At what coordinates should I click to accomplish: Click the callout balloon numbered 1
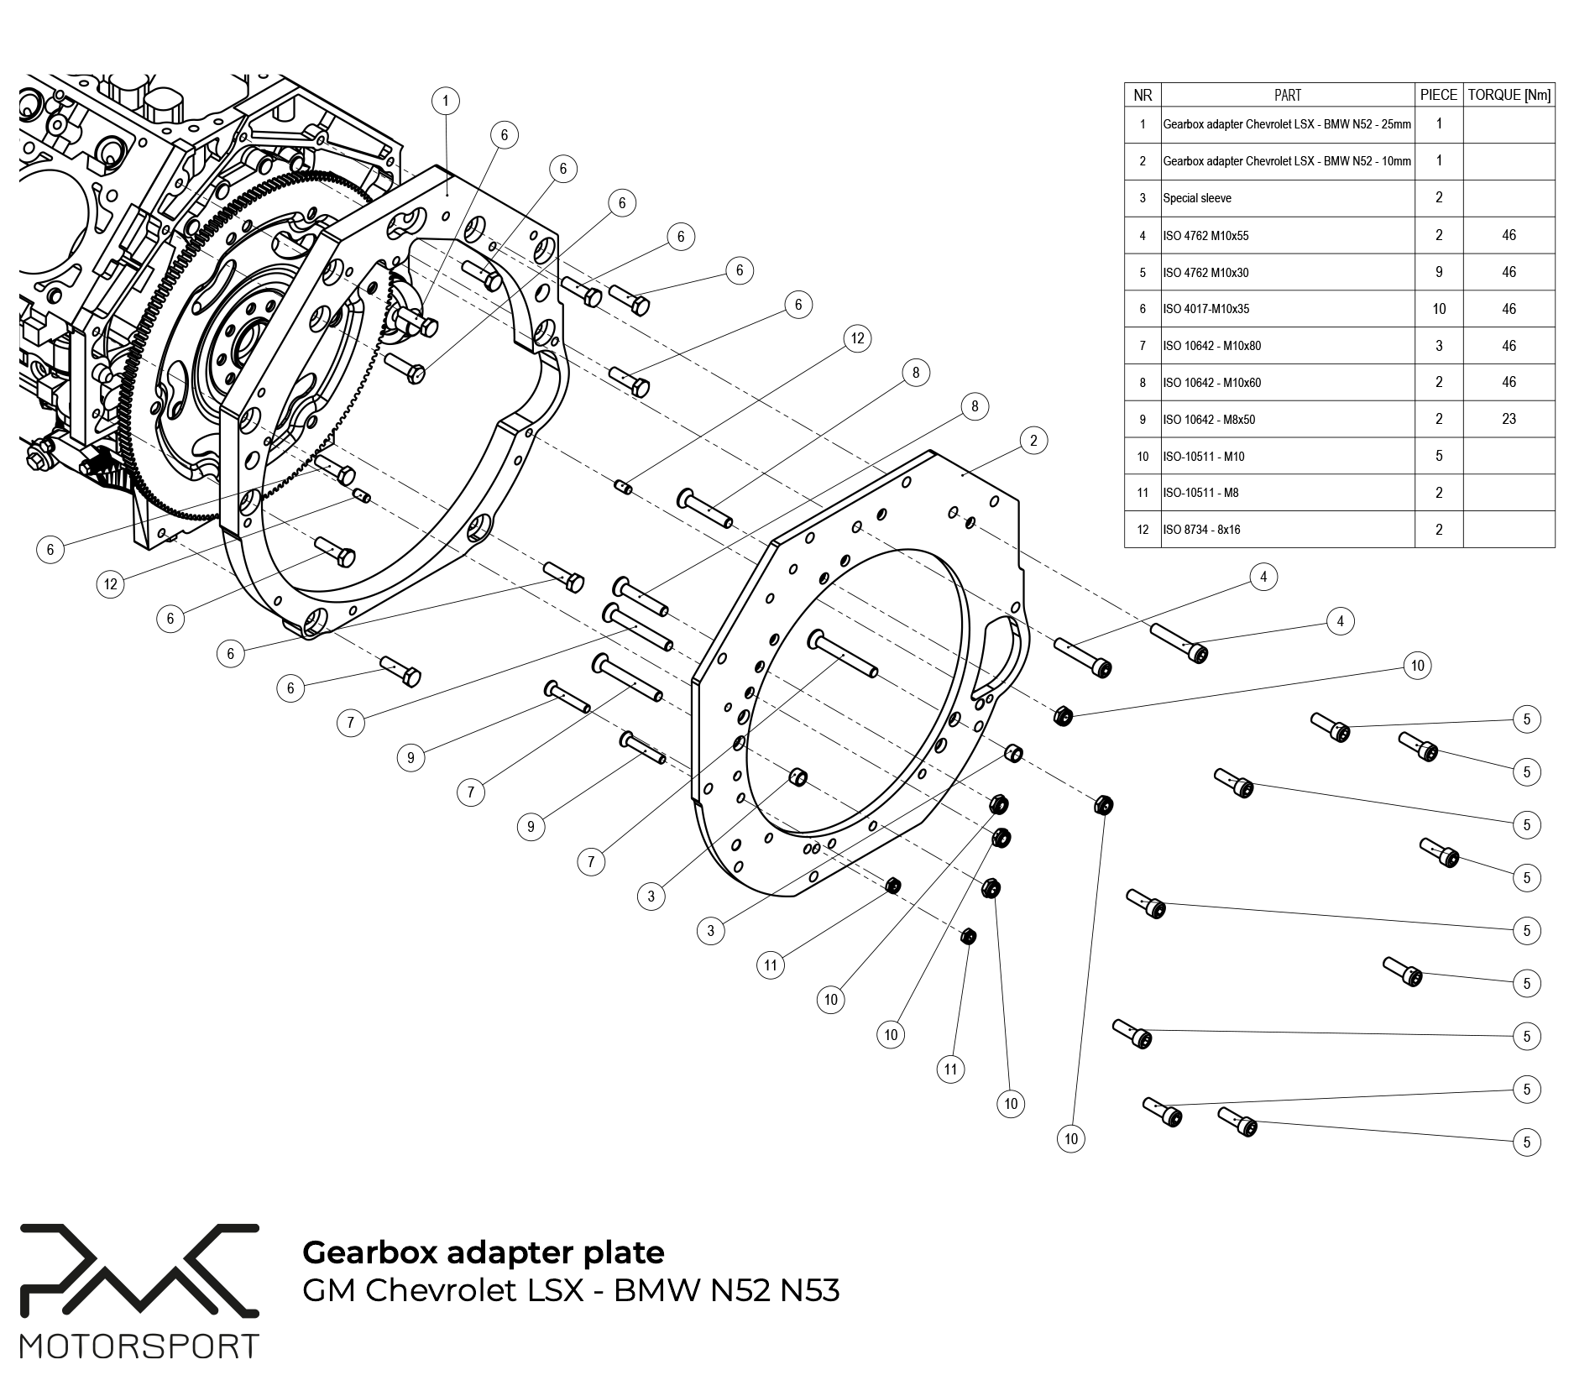[446, 102]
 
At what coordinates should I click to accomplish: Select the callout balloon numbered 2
[1033, 441]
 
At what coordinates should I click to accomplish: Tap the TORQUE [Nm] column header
[1509, 95]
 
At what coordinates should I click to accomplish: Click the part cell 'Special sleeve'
[1197, 199]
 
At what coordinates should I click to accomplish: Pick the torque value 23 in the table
[1509, 419]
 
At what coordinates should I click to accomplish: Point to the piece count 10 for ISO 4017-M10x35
[1439, 309]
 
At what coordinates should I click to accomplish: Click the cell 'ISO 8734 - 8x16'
[1201, 530]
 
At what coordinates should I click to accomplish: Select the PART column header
[1287, 95]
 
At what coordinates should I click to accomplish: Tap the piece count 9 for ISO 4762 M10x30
[1439, 272]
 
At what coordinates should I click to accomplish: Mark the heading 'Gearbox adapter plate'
[483, 1252]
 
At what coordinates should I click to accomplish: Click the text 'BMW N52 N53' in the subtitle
[726, 1290]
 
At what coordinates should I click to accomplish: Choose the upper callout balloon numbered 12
[857, 338]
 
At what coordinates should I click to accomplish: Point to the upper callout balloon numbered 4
[1263, 577]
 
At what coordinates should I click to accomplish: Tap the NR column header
[1143, 95]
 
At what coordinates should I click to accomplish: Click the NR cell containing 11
[1143, 493]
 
